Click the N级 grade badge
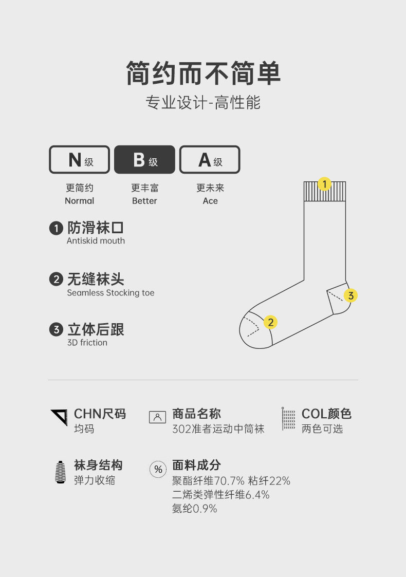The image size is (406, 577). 80,159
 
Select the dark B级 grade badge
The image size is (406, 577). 144,159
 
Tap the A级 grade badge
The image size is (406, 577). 210,159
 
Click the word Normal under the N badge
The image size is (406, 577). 80,201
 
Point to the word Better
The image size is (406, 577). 144,201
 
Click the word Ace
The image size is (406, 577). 210,201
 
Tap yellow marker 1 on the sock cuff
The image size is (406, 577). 324,183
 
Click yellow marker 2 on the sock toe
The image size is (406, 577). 270,322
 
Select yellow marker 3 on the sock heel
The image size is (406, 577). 351,295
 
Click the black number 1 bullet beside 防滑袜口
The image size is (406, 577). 56,228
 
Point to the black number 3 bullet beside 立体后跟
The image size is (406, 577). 56,329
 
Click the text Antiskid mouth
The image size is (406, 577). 96,240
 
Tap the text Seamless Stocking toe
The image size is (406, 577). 110,293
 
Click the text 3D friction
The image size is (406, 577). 87,343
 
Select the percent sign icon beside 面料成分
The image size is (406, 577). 158,469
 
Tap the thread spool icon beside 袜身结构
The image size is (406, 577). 60,472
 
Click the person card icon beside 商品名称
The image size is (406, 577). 157,417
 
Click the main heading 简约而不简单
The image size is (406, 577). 203,73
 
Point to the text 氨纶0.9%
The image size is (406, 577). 194,509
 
